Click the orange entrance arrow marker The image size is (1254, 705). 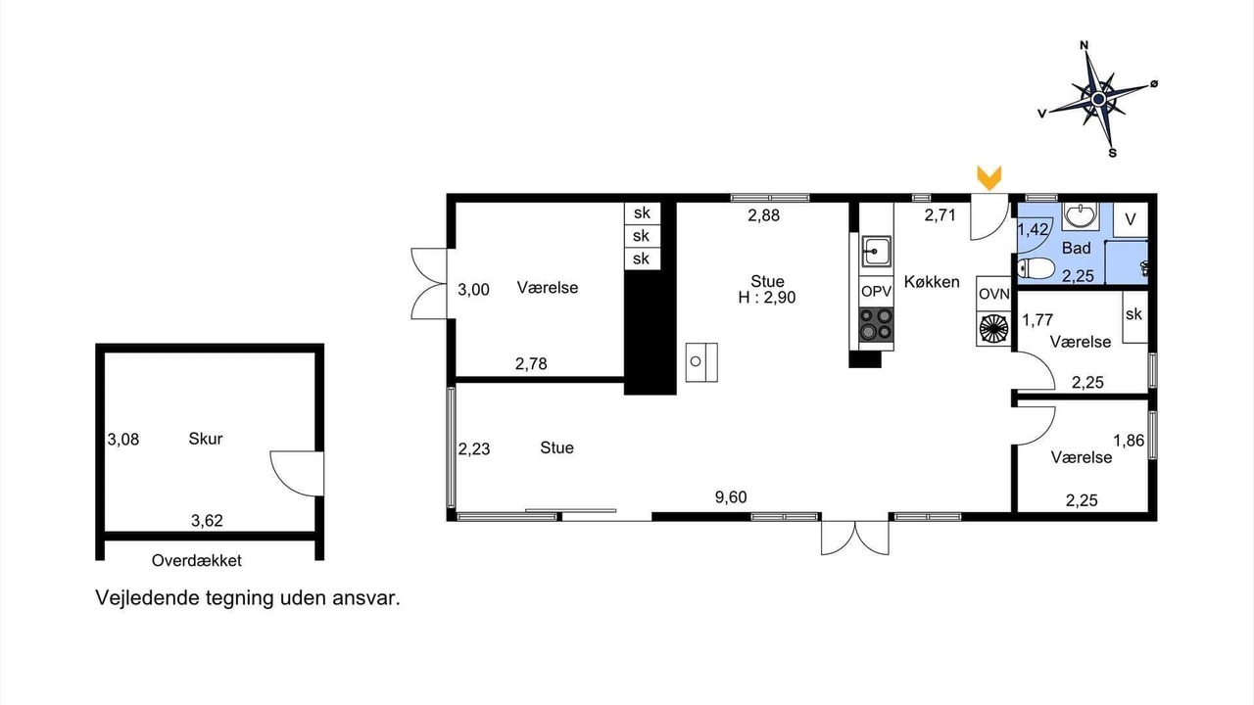(x=989, y=178)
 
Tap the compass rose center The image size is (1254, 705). (x=1098, y=99)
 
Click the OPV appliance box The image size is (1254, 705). (x=876, y=291)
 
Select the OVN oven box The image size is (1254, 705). (x=993, y=294)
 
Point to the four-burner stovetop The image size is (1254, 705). (x=876, y=324)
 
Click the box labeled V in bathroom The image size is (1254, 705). (x=1131, y=219)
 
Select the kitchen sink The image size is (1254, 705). (x=876, y=252)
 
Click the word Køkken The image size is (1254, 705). (x=932, y=281)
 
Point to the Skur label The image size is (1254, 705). (x=206, y=439)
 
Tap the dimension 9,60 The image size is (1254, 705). (x=731, y=496)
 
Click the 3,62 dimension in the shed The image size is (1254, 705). (x=207, y=521)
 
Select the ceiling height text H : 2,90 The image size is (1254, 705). (x=766, y=297)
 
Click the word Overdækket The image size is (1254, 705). (x=197, y=561)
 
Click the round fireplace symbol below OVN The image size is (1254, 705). (x=993, y=328)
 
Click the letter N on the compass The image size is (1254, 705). (x=1084, y=45)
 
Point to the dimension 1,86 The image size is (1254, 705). (x=1129, y=441)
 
